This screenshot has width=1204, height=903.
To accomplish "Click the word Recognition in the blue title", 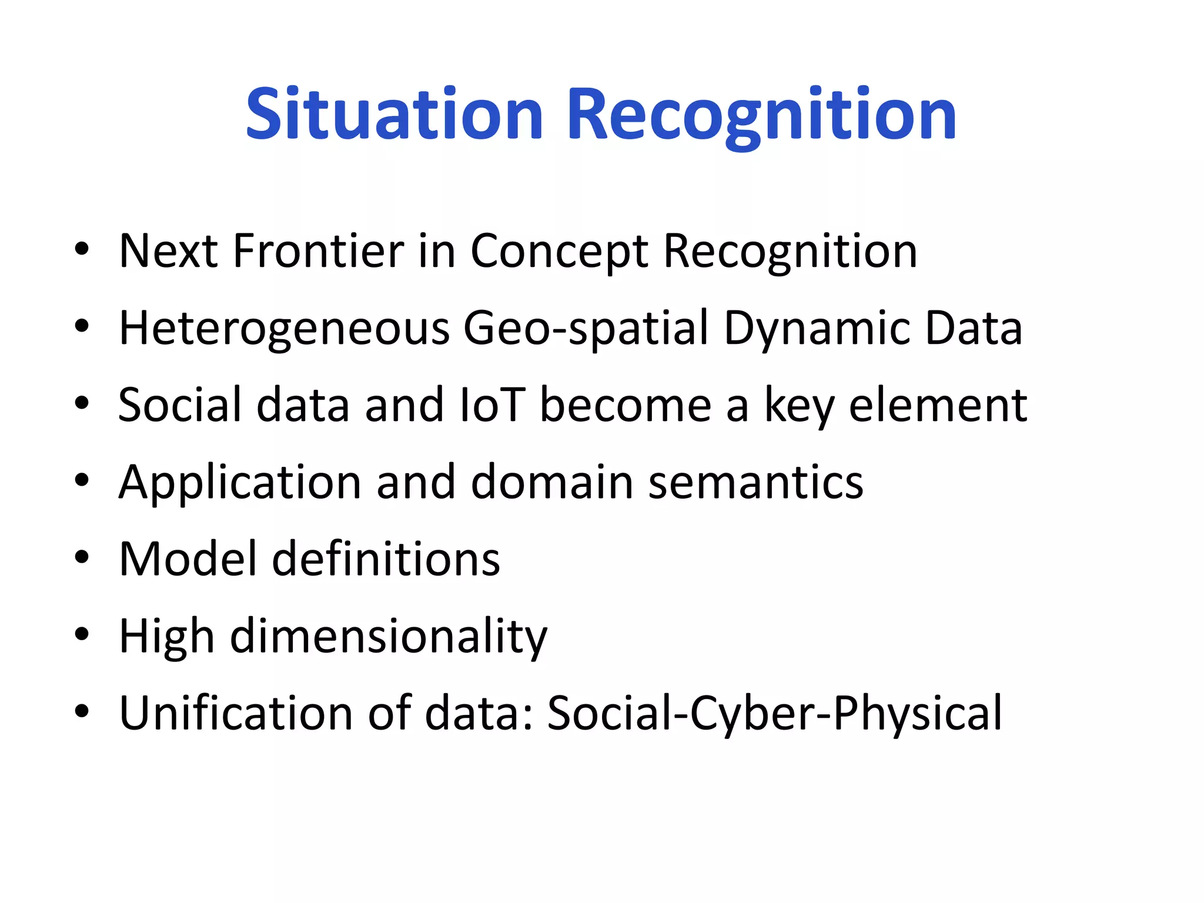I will (x=761, y=115).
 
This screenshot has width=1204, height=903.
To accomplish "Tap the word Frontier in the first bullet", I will (x=318, y=251).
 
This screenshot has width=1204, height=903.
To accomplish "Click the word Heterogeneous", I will (x=284, y=329).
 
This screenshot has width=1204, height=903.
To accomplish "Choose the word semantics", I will (x=755, y=483).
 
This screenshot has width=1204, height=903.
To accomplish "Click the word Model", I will (x=188, y=559).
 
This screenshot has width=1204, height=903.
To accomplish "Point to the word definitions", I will (x=386, y=559).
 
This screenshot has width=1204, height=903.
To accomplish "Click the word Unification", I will (x=236, y=713).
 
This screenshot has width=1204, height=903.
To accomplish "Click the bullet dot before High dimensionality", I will (x=82, y=634).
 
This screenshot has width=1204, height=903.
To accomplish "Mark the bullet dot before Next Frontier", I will (x=82, y=249).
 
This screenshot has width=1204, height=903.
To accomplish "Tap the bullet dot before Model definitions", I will (x=82, y=557).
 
